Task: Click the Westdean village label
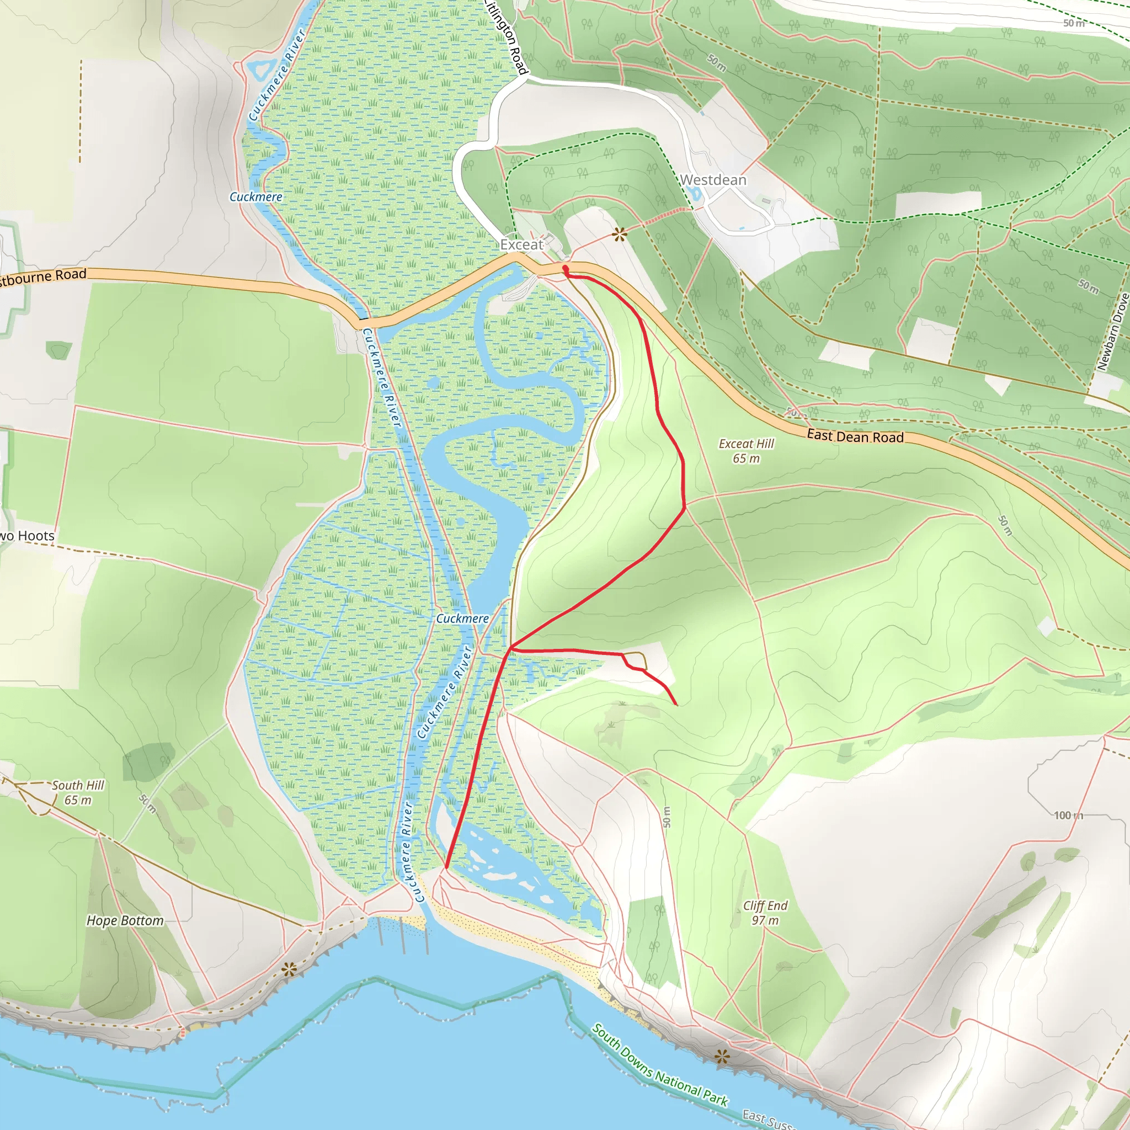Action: tap(713, 180)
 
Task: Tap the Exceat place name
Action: tap(522, 244)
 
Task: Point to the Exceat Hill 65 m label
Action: tap(746, 451)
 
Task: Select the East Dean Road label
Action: tap(855, 436)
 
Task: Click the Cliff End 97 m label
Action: tap(765, 913)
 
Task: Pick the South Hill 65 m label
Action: tap(78, 792)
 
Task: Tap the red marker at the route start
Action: tap(565, 269)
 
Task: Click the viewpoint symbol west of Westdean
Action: tap(620, 235)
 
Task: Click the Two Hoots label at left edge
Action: tap(27, 536)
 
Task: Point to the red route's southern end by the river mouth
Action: tap(446, 867)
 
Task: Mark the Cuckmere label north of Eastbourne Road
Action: tap(255, 197)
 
